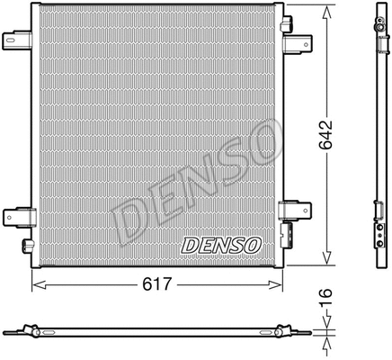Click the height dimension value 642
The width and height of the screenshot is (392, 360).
point(328,133)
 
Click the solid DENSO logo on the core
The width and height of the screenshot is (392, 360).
point(221,244)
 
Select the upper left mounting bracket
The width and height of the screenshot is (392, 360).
point(17,40)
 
